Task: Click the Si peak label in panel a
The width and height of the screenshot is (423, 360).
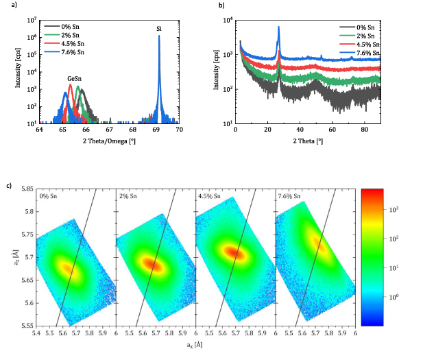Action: tap(159, 29)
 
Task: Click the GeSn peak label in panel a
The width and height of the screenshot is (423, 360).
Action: tap(75, 79)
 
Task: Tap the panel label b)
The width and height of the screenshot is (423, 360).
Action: tap(221, 6)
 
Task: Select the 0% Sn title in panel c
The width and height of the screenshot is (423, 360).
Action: tap(49, 196)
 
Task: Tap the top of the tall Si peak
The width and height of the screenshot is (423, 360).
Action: tap(159, 36)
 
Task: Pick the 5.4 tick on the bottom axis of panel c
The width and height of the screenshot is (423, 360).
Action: tap(36, 333)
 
